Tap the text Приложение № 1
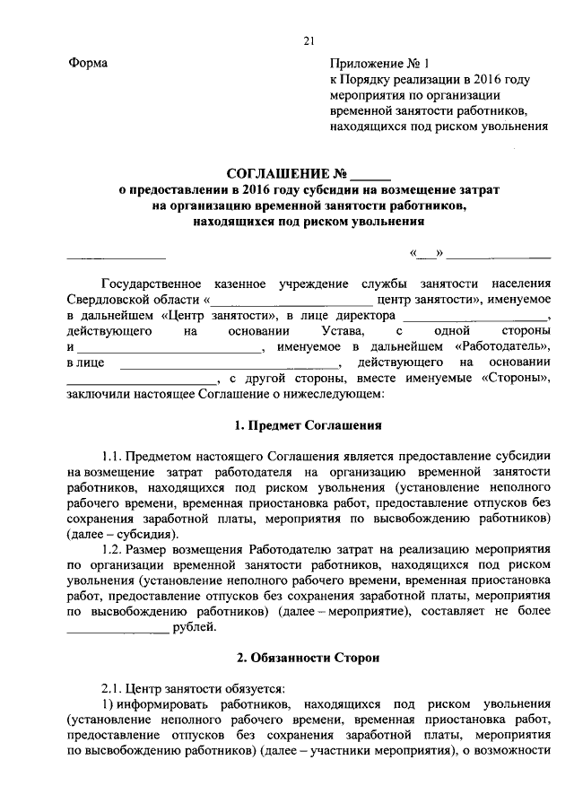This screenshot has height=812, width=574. coord(381,64)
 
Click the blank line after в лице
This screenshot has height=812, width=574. coord(230,363)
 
